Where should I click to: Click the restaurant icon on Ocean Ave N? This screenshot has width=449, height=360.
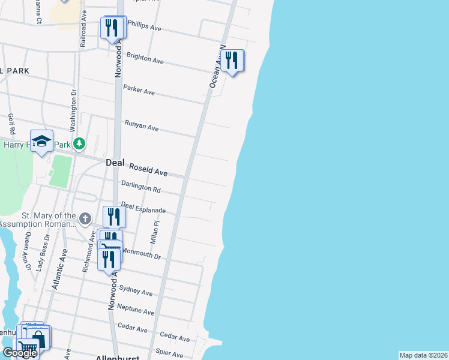(x=232, y=61)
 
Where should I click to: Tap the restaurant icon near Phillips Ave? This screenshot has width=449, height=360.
(x=112, y=28)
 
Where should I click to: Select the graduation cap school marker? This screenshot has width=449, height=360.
(x=41, y=141)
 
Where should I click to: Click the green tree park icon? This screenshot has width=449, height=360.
(x=79, y=143)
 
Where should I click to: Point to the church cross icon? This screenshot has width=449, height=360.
(x=85, y=218)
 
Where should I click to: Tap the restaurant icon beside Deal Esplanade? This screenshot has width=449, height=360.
(x=113, y=217)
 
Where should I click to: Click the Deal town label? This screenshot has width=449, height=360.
(x=115, y=163)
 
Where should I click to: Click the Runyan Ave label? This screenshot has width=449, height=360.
(x=142, y=126)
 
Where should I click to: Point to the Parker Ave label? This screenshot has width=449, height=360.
(x=139, y=90)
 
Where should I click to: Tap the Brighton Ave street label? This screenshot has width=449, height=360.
(x=145, y=58)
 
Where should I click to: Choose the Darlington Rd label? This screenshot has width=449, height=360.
(x=141, y=188)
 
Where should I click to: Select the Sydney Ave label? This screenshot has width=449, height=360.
(x=136, y=290)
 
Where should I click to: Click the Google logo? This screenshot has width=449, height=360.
(x=20, y=353)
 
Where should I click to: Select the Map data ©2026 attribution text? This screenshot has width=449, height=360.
(x=423, y=355)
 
